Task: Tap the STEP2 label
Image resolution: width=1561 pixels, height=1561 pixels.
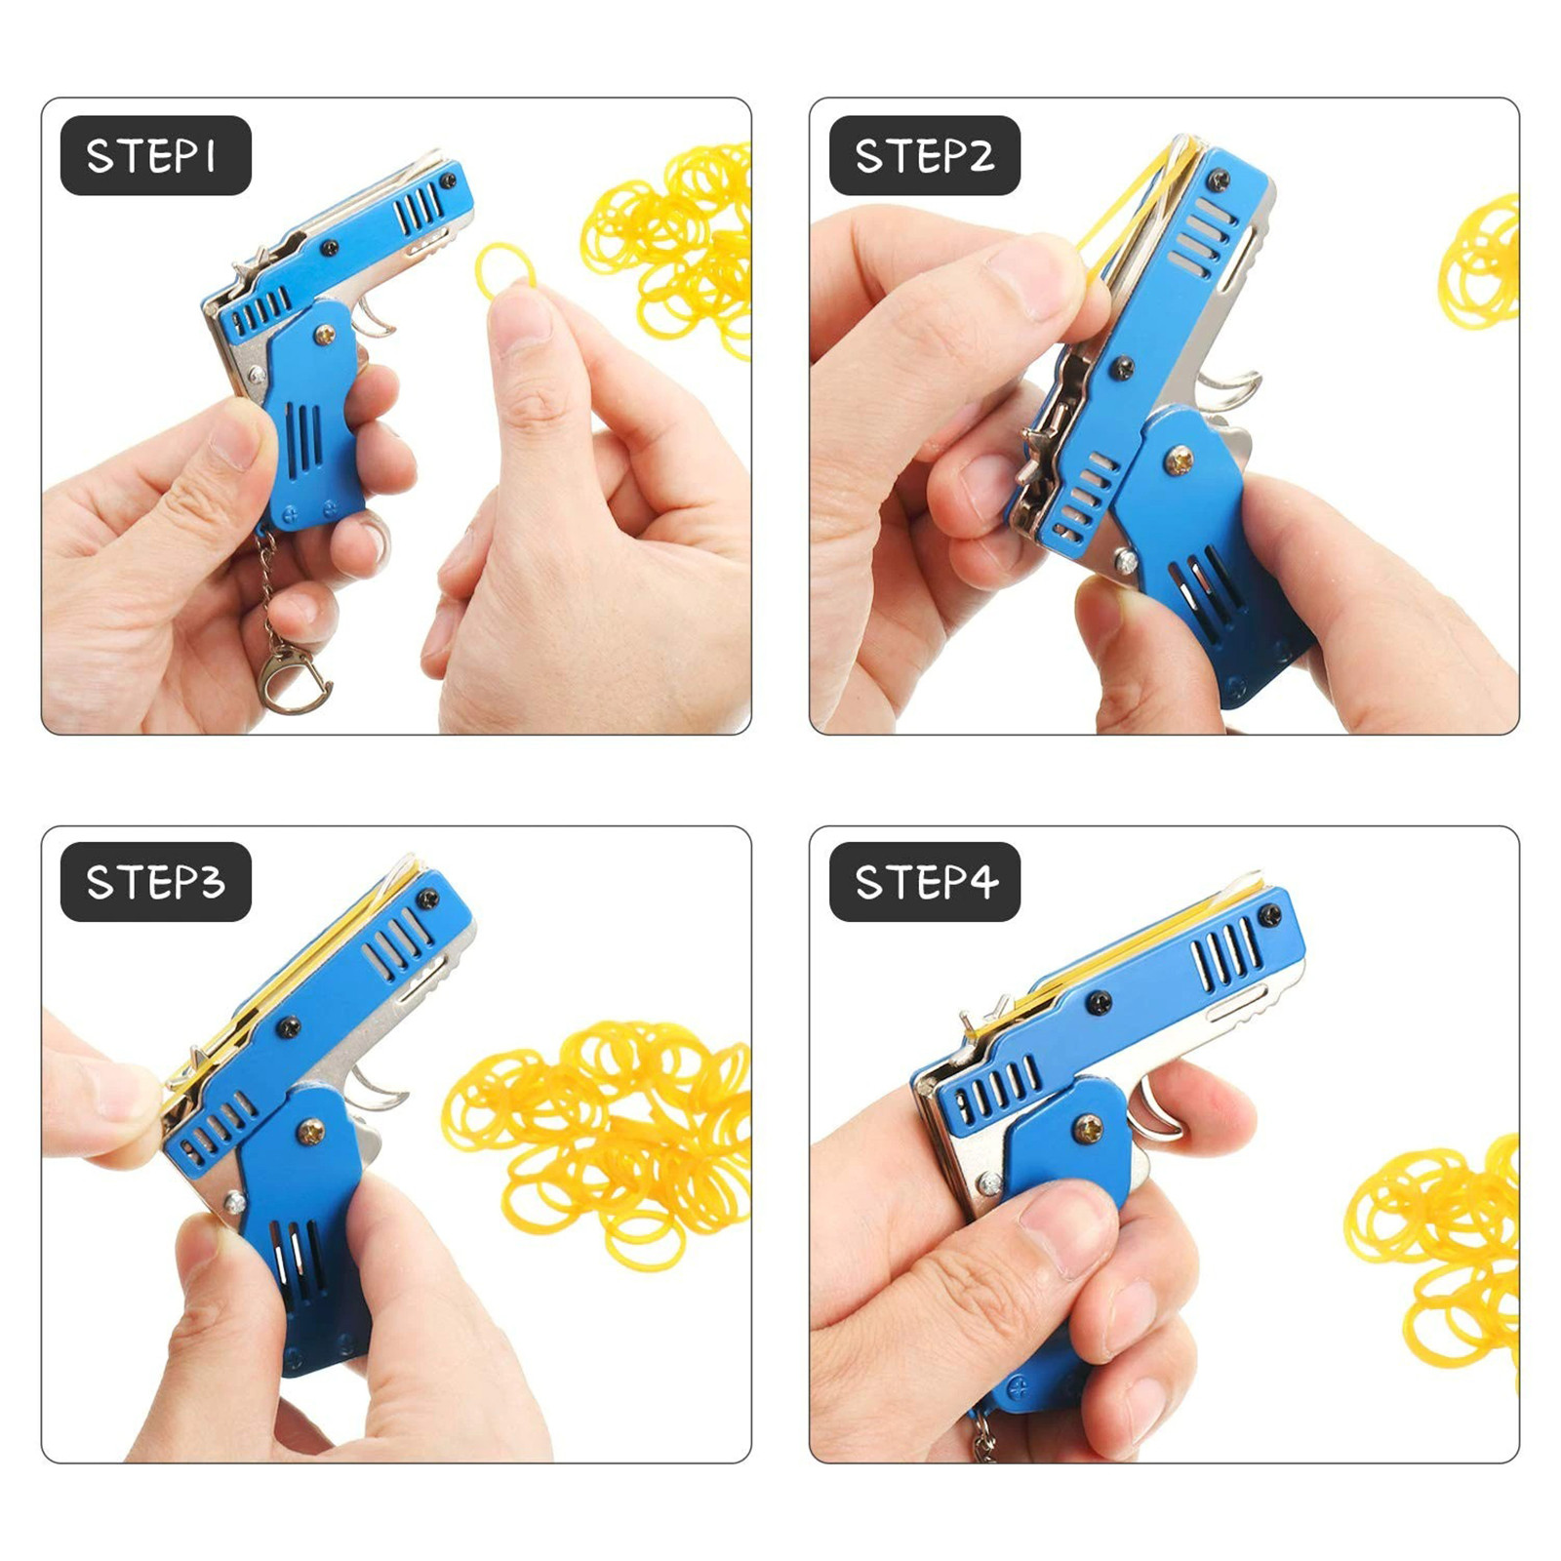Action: point(925,156)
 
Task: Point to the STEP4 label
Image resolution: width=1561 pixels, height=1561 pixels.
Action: point(925,882)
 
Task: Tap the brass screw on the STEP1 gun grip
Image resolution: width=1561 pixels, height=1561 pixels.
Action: point(325,336)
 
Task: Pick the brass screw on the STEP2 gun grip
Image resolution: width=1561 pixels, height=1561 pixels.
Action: point(1181,459)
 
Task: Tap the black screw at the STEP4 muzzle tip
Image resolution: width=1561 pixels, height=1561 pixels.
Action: point(1269,914)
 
